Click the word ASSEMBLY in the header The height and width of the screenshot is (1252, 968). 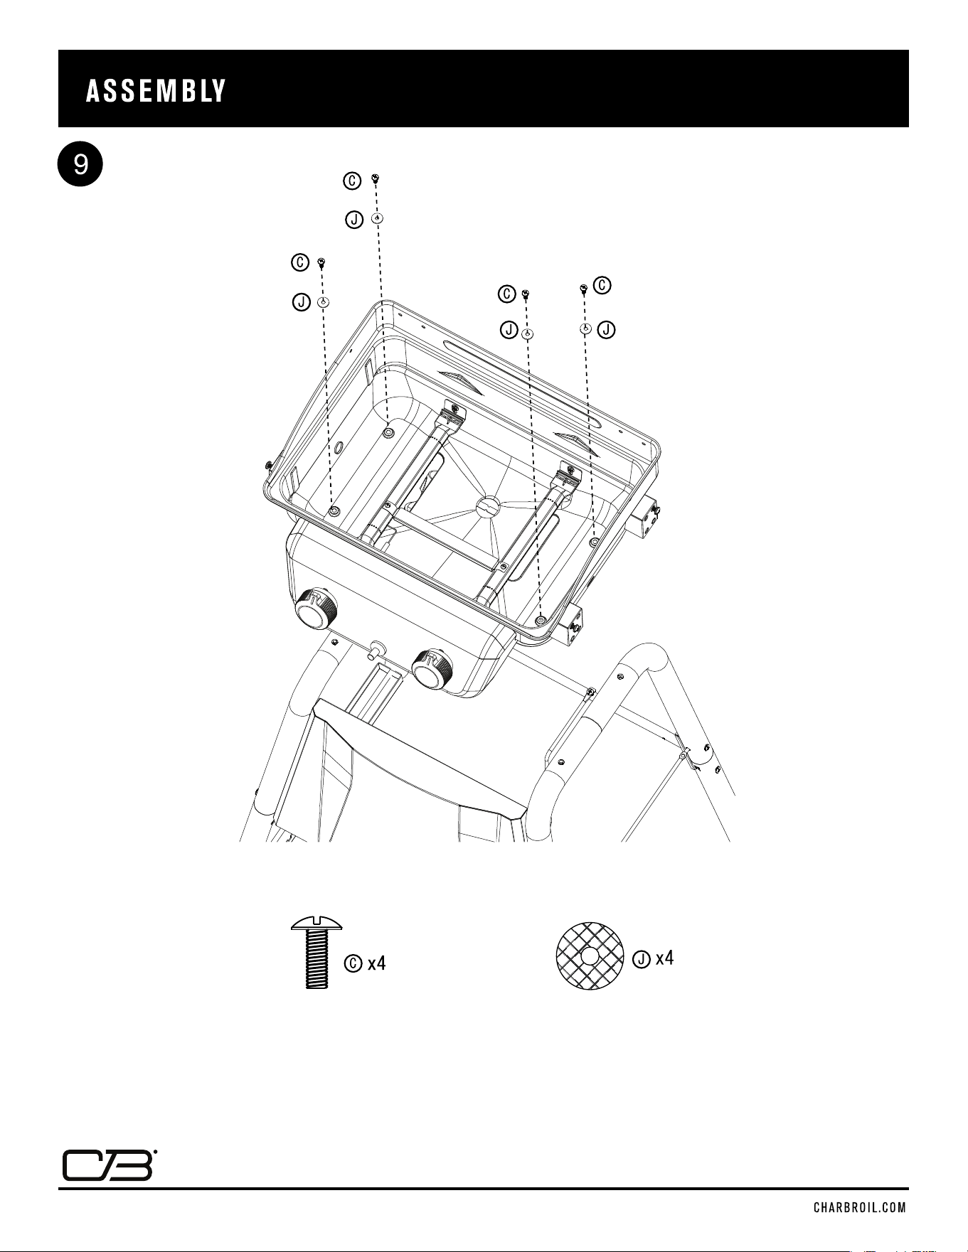tap(156, 91)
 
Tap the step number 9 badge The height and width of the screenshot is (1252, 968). tap(80, 166)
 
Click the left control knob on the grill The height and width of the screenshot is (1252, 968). tap(314, 608)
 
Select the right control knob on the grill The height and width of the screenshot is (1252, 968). tap(432, 668)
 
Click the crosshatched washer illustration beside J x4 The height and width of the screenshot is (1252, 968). tap(590, 957)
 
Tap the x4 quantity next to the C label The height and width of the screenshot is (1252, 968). tap(376, 963)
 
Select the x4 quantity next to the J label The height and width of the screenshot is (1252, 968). tap(664, 958)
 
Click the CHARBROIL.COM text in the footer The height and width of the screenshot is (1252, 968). tap(861, 1207)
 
